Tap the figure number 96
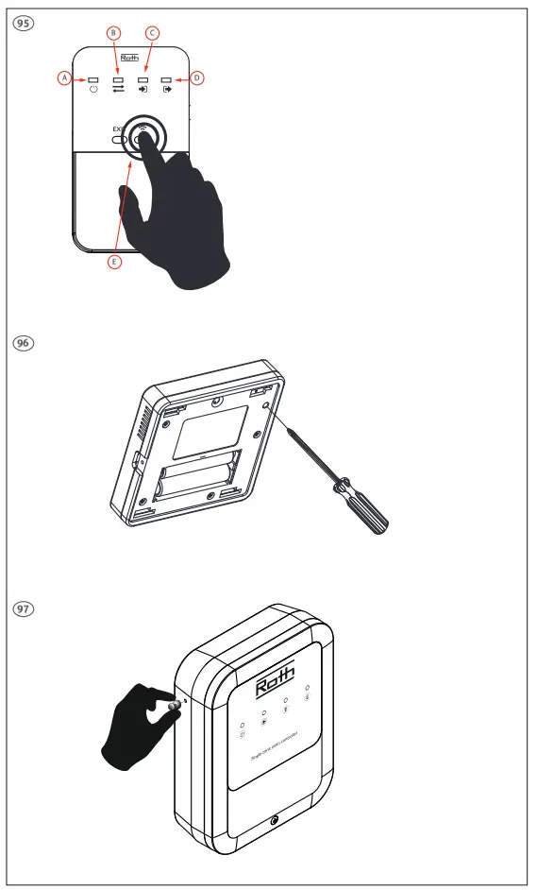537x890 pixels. point(20,344)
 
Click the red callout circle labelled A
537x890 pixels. point(64,78)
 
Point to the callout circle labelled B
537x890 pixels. point(114,33)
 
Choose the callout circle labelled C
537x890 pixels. point(151,33)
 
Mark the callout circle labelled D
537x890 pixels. point(196,78)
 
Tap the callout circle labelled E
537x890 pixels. point(114,262)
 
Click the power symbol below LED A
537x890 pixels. point(93,91)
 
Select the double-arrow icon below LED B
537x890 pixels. point(119,91)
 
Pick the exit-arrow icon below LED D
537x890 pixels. point(167,91)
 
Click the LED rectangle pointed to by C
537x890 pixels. point(143,79)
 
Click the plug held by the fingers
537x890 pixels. point(174,706)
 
